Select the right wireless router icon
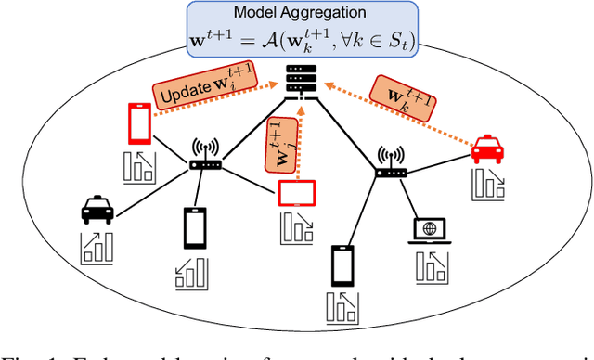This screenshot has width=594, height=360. coord(390,167)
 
